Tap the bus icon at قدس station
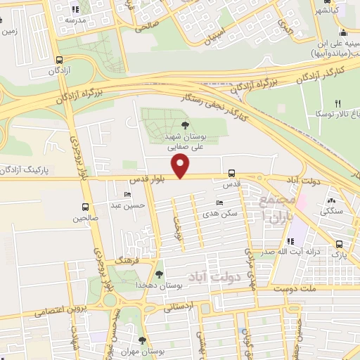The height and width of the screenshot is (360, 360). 231,173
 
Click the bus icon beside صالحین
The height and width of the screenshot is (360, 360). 85,207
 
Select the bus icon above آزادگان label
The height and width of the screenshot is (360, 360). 59,60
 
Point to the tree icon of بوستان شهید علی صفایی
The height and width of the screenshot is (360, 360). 185,125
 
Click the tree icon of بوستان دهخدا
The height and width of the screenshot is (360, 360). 160,274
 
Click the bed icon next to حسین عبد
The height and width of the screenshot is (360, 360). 127,195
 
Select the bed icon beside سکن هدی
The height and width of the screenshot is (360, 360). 220,203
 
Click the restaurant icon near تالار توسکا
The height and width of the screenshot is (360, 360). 338,103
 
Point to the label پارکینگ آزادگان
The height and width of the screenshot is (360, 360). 27,171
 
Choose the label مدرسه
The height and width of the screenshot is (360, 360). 75,20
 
